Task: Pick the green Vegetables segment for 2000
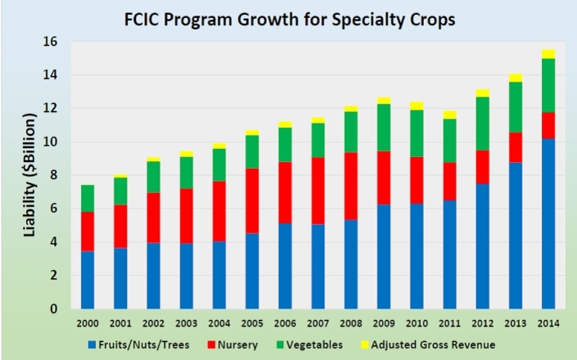[x=88, y=198]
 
